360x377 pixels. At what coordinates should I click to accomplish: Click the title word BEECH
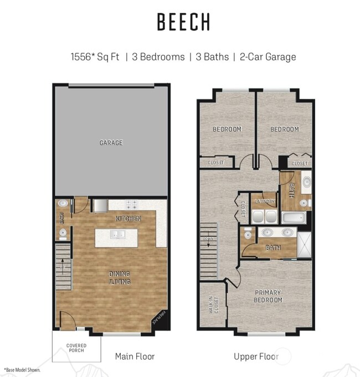pyautogui.click(x=183, y=22)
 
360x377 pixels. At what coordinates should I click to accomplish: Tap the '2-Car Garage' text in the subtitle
pyautogui.click(x=268, y=57)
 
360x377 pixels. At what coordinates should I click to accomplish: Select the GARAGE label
pyautogui.click(x=111, y=143)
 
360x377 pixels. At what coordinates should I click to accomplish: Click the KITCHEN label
pyautogui.click(x=128, y=219)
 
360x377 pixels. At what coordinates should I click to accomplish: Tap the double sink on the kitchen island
pyautogui.click(x=117, y=235)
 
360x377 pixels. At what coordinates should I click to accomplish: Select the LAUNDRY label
pyautogui.click(x=264, y=202)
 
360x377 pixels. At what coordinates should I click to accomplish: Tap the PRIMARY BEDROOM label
pyautogui.click(x=268, y=296)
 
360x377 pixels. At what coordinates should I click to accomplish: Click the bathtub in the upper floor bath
pyautogui.click(x=292, y=218)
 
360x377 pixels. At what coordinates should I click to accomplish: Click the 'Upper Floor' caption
pyautogui.click(x=256, y=356)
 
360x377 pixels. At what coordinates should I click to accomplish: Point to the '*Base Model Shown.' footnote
pyautogui.click(x=23, y=369)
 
